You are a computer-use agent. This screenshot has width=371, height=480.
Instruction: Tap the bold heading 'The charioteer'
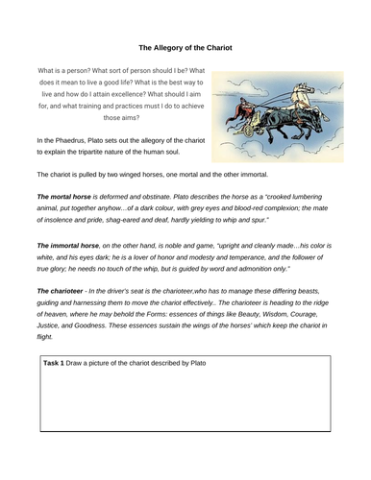pyautogui.click(x=63, y=291)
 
